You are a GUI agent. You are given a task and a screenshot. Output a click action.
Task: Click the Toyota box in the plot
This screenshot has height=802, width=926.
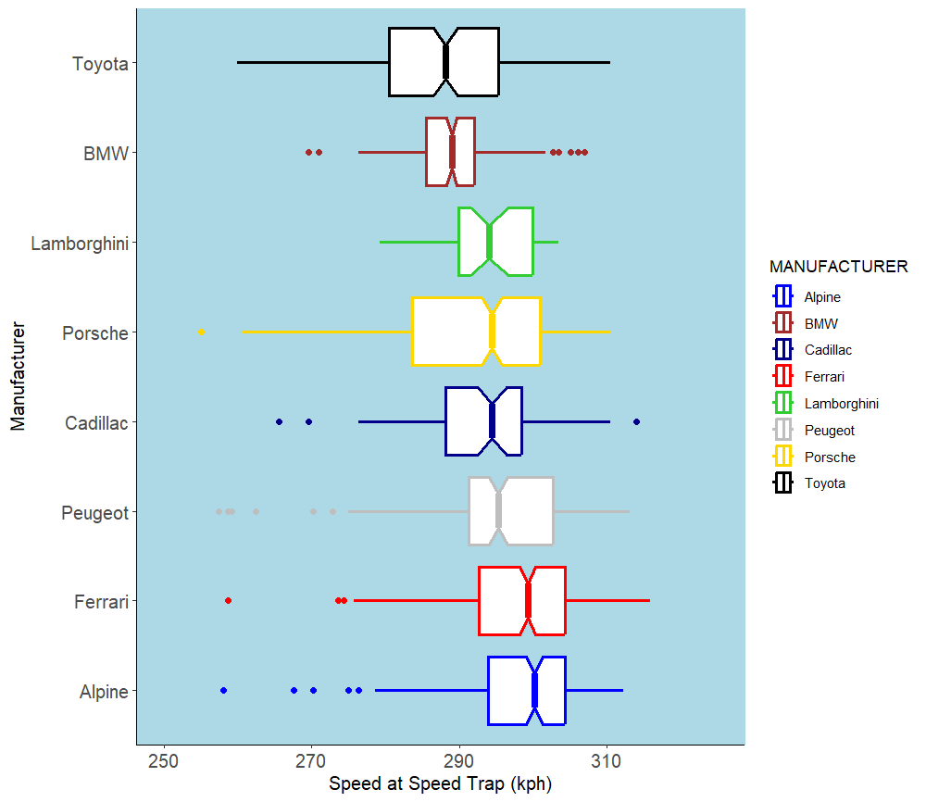(417, 62)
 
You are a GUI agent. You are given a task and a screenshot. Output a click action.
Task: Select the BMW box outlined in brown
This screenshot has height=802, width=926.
(438, 152)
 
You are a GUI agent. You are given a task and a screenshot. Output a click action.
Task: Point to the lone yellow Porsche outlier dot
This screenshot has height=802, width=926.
(201, 332)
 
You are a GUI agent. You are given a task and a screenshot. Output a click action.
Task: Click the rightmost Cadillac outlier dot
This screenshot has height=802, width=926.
(636, 421)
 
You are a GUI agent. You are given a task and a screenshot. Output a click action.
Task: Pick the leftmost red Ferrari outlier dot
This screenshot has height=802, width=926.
(228, 601)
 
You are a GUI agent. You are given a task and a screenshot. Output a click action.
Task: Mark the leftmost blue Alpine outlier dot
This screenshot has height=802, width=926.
(223, 691)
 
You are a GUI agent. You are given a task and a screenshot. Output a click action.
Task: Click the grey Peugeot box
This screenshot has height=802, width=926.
(528, 511)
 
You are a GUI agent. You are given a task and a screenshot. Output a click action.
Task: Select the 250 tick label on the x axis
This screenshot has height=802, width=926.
(164, 761)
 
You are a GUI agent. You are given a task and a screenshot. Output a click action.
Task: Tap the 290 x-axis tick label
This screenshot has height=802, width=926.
(459, 761)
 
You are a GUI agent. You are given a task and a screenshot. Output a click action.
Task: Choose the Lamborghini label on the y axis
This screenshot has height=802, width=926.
(79, 244)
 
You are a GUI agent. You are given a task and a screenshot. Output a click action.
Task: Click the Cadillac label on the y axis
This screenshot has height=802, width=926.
(96, 423)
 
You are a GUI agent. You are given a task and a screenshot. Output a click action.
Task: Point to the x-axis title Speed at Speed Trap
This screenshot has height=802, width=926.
(440, 785)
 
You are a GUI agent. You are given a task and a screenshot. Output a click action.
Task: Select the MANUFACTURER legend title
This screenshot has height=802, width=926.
(838, 267)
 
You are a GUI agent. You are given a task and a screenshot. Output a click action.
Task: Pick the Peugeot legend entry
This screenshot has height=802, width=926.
(829, 430)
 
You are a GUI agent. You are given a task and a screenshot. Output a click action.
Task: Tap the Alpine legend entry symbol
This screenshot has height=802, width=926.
(783, 297)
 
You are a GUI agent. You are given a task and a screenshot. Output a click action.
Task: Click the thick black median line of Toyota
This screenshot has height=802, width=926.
(445, 62)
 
